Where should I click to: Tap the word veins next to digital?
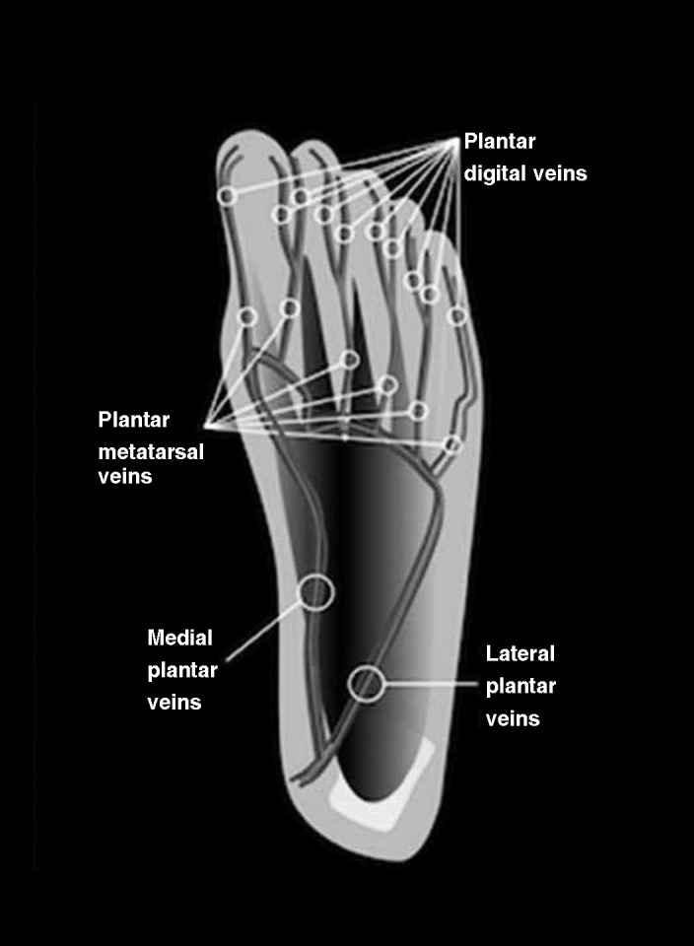pos(559,173)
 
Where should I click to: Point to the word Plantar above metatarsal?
pos(134,420)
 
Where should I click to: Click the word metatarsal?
pos(146,448)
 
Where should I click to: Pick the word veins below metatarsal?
pos(124,477)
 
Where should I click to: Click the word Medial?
pos(180,638)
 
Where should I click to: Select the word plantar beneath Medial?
pos(182,670)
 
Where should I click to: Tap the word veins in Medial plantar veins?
pos(174,703)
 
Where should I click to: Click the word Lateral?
pos(520,653)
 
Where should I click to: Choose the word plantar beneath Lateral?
pos(521,686)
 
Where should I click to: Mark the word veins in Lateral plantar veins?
pos(514,718)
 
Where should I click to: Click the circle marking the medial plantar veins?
pos(316,591)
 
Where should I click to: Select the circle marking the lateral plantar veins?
pos(367,683)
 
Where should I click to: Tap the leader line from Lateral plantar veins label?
pos(429,683)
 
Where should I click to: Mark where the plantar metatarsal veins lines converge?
pos(208,426)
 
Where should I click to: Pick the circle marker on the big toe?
pos(227,196)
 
